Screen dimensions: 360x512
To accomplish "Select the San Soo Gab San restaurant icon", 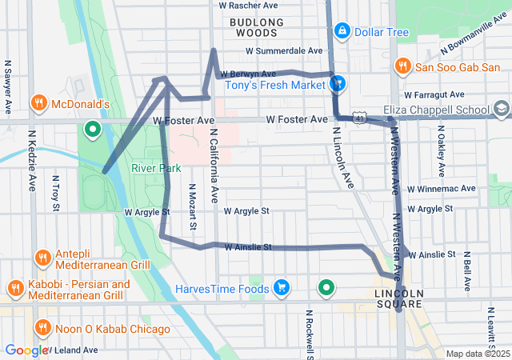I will coord(402,66).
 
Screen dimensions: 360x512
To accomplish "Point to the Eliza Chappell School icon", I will coord(501,108).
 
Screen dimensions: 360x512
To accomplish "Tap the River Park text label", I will coord(156,168).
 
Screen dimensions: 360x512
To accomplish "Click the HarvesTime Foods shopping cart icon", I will coord(281,286).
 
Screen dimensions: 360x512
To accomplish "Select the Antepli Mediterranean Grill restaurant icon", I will coord(42,257).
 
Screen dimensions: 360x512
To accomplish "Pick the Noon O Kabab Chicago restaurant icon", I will coord(42,327).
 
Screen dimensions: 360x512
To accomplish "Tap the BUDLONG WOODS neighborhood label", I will coord(254,27).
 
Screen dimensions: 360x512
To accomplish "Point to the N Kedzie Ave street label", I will coord(32,161).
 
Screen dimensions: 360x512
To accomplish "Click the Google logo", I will coord(26,350).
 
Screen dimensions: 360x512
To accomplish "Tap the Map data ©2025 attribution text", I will coord(476,354).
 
